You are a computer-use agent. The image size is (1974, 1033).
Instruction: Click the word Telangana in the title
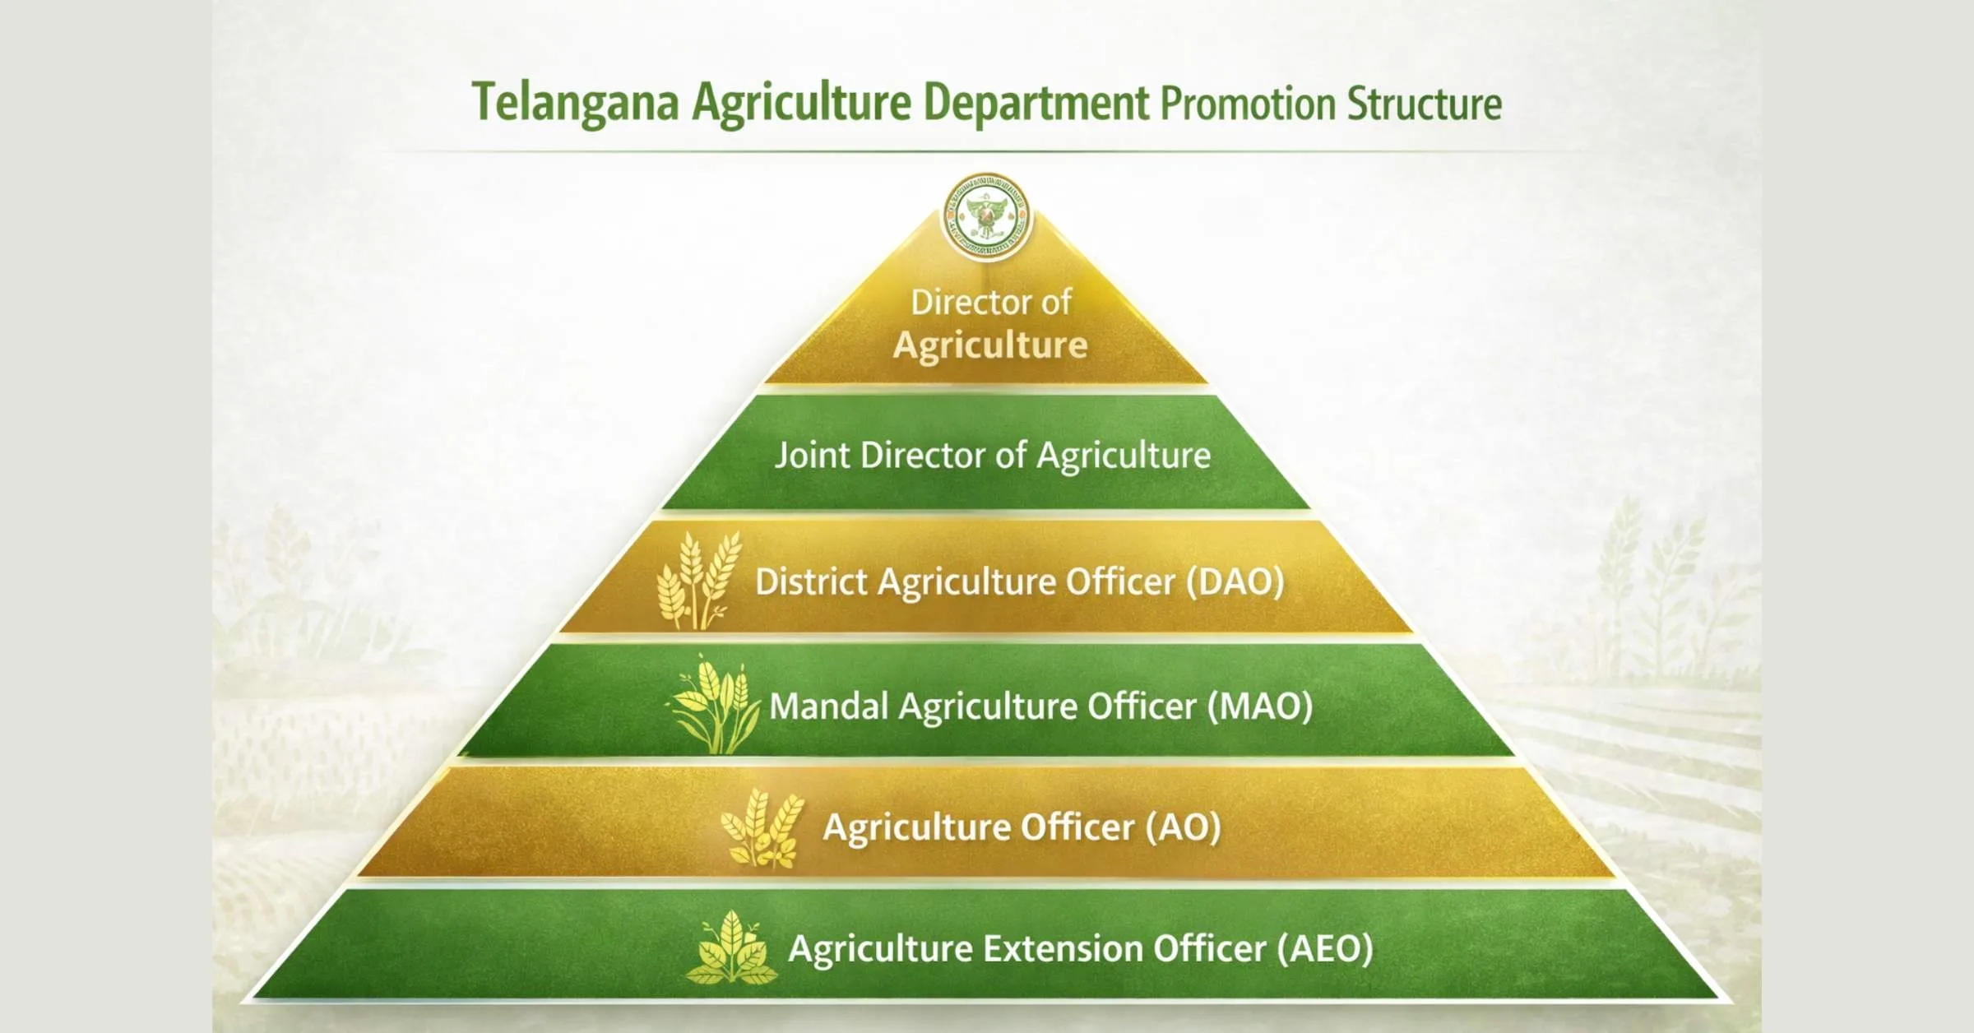point(575,103)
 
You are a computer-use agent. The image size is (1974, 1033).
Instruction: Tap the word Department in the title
point(1036,103)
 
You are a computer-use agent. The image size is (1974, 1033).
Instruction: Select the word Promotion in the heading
point(1248,104)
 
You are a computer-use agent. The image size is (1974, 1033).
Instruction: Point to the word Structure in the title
point(1425,104)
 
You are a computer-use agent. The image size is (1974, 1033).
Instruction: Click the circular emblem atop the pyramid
point(987,216)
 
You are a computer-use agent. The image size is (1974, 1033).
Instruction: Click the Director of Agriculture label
point(991,323)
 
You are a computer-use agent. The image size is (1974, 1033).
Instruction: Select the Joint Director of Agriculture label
point(993,455)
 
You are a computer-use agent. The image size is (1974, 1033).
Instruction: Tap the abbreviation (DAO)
point(1235,581)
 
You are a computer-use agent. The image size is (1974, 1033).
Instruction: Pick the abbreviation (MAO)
point(1260,706)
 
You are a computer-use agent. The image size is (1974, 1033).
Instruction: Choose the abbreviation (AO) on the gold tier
point(1184,827)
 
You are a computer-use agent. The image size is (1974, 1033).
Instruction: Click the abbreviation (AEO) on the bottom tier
point(1325,949)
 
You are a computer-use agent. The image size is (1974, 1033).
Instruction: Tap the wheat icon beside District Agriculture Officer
point(698,581)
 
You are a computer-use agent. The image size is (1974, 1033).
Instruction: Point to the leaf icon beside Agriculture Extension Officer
point(731,947)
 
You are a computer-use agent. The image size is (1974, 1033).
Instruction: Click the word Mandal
point(828,706)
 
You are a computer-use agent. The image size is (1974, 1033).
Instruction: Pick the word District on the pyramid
point(812,581)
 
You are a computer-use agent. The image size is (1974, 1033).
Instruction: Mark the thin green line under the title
point(987,152)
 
